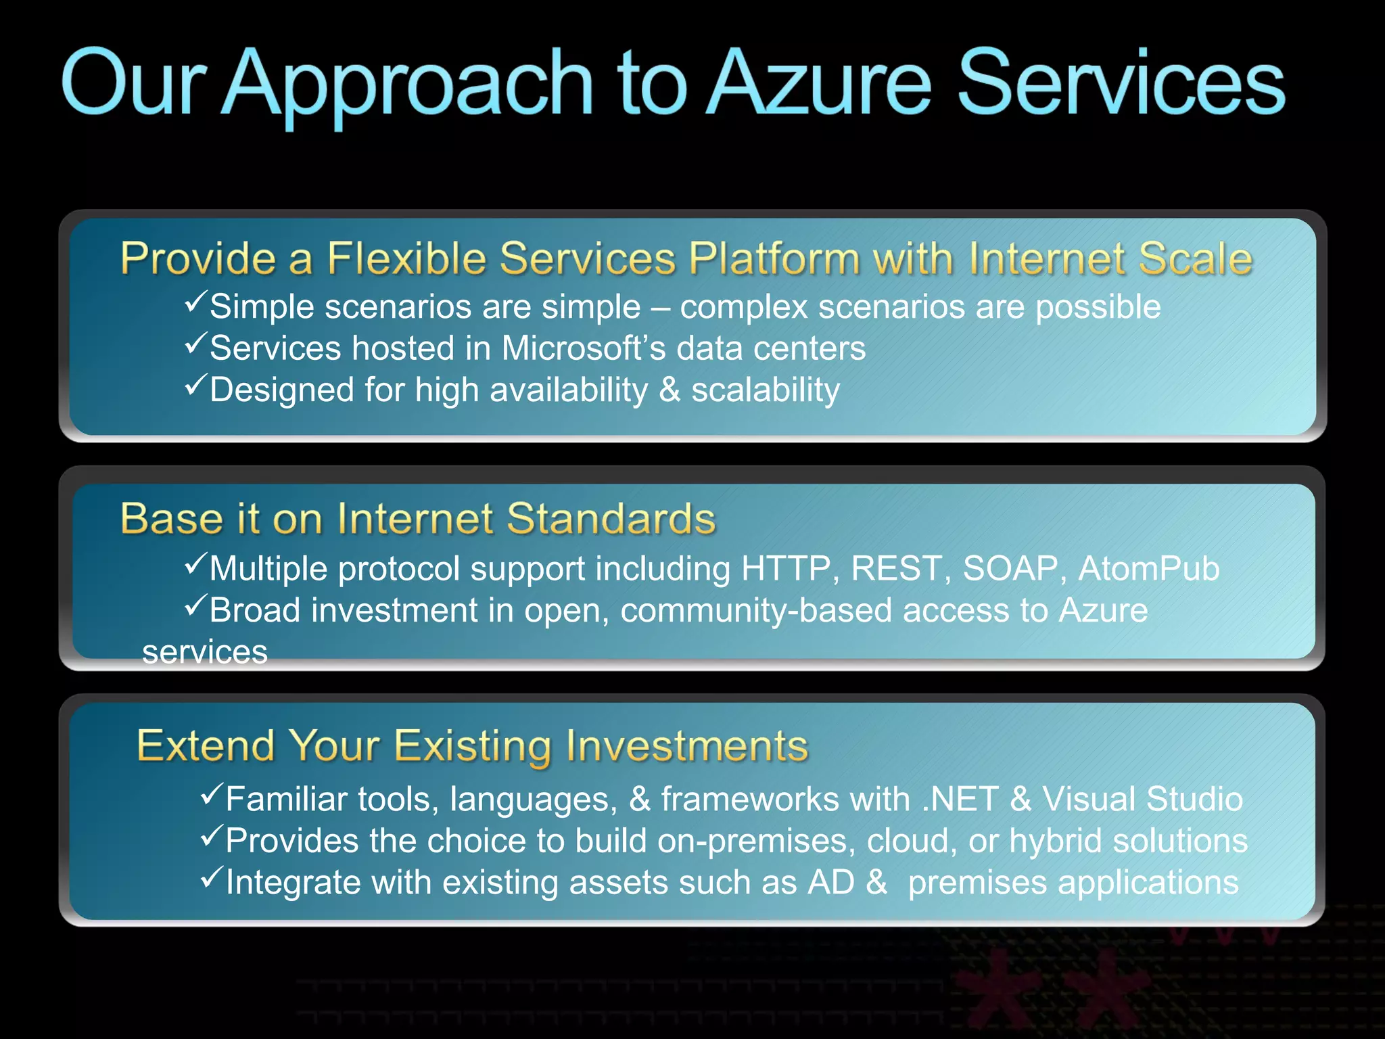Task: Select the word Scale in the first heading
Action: tap(1195, 258)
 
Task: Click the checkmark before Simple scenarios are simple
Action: tap(195, 302)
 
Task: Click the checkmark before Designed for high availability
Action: tap(195, 386)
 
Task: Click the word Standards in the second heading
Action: tap(611, 519)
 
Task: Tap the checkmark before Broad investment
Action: tap(195, 605)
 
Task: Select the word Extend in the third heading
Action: tap(206, 745)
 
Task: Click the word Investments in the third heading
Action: tap(686, 745)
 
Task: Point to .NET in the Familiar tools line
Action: tap(960, 799)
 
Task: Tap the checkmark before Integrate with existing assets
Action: tap(212, 878)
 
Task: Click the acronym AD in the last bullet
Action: tap(831, 883)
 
